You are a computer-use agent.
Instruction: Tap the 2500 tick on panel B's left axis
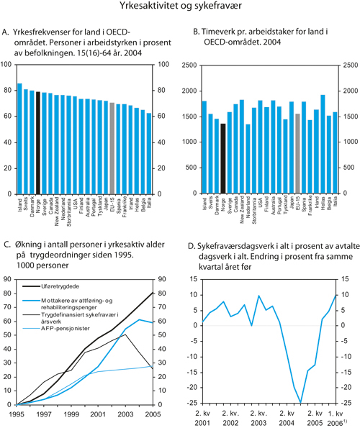point(191,65)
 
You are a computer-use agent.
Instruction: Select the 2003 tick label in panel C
point(125,415)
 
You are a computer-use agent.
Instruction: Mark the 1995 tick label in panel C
point(16,415)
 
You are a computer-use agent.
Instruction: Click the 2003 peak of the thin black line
point(126,334)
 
